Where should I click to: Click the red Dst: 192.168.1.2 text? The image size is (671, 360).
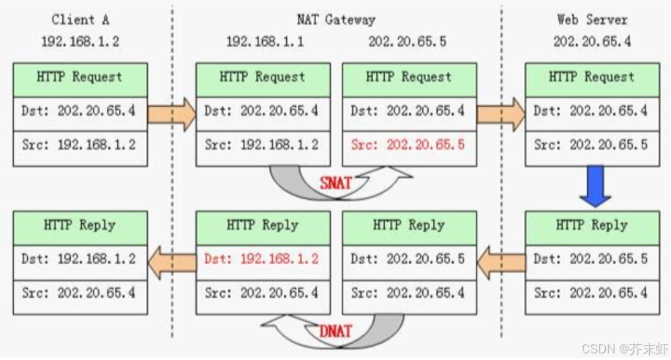(x=261, y=259)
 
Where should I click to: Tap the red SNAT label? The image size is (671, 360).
(x=336, y=183)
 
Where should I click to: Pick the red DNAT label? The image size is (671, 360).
(x=336, y=331)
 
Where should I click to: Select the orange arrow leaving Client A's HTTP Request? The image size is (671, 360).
(x=171, y=114)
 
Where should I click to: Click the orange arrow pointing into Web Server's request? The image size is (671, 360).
(x=501, y=114)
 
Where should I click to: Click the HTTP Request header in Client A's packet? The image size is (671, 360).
(x=80, y=77)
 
